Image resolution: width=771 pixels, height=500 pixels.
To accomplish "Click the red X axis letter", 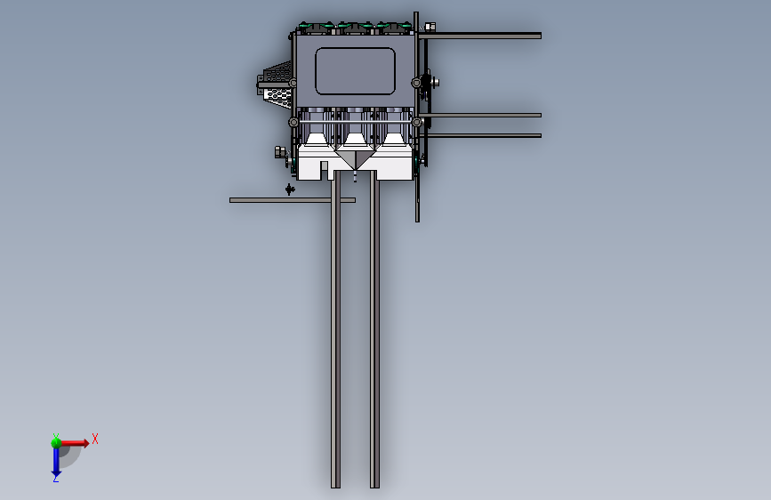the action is [x=95, y=439].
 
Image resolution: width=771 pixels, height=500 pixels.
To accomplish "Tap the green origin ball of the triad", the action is [x=56, y=443].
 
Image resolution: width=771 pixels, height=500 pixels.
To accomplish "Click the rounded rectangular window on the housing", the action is [x=355, y=71].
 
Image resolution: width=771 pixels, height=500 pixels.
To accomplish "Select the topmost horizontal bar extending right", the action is [x=479, y=36].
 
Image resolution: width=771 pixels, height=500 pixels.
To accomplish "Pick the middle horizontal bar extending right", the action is [x=479, y=115].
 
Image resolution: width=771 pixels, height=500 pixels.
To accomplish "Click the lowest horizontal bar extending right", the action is [x=480, y=135].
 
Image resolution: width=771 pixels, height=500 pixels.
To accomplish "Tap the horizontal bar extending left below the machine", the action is [x=292, y=200].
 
